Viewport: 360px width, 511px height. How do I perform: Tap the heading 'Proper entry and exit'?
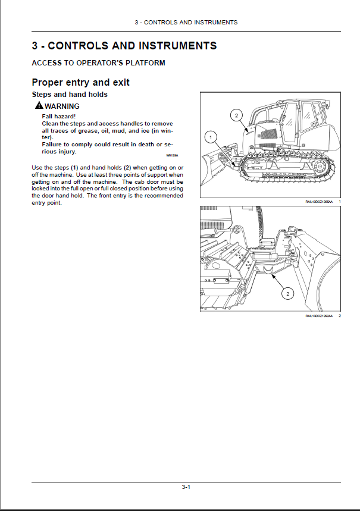point(80,82)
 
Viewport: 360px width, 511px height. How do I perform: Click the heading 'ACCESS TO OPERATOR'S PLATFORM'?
point(98,62)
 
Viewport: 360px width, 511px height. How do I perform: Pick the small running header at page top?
point(186,22)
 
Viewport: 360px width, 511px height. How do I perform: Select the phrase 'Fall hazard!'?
point(59,116)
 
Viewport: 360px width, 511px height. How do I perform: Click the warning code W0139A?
point(172,155)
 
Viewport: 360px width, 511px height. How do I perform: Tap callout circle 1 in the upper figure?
point(209,137)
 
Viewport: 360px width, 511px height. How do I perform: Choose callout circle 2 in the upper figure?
point(236,115)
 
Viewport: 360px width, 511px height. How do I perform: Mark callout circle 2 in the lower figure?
point(287,293)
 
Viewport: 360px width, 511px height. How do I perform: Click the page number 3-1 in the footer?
point(186,488)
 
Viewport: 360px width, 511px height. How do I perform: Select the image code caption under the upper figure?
point(320,202)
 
